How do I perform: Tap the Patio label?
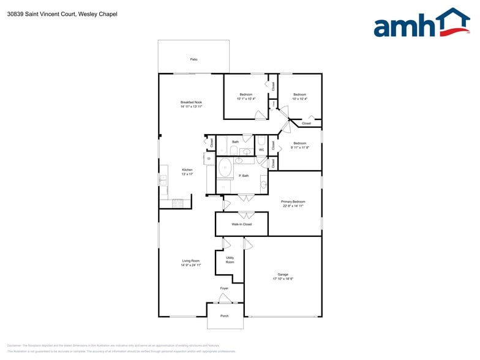[193, 59]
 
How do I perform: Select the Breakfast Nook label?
[191, 102]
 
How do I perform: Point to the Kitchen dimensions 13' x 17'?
[187, 174]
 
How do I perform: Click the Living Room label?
[191, 261]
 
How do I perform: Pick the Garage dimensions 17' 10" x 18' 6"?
[283, 279]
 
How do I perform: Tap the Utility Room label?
[230, 260]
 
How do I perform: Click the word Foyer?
[225, 288]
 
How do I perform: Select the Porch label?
[225, 316]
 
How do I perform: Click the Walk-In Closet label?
[241, 225]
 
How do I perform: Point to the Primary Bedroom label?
[293, 201]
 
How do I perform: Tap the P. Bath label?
[244, 176]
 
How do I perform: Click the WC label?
[261, 149]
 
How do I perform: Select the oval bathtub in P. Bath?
[225, 167]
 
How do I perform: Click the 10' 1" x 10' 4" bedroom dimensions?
[246, 99]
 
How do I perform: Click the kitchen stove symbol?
[178, 202]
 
